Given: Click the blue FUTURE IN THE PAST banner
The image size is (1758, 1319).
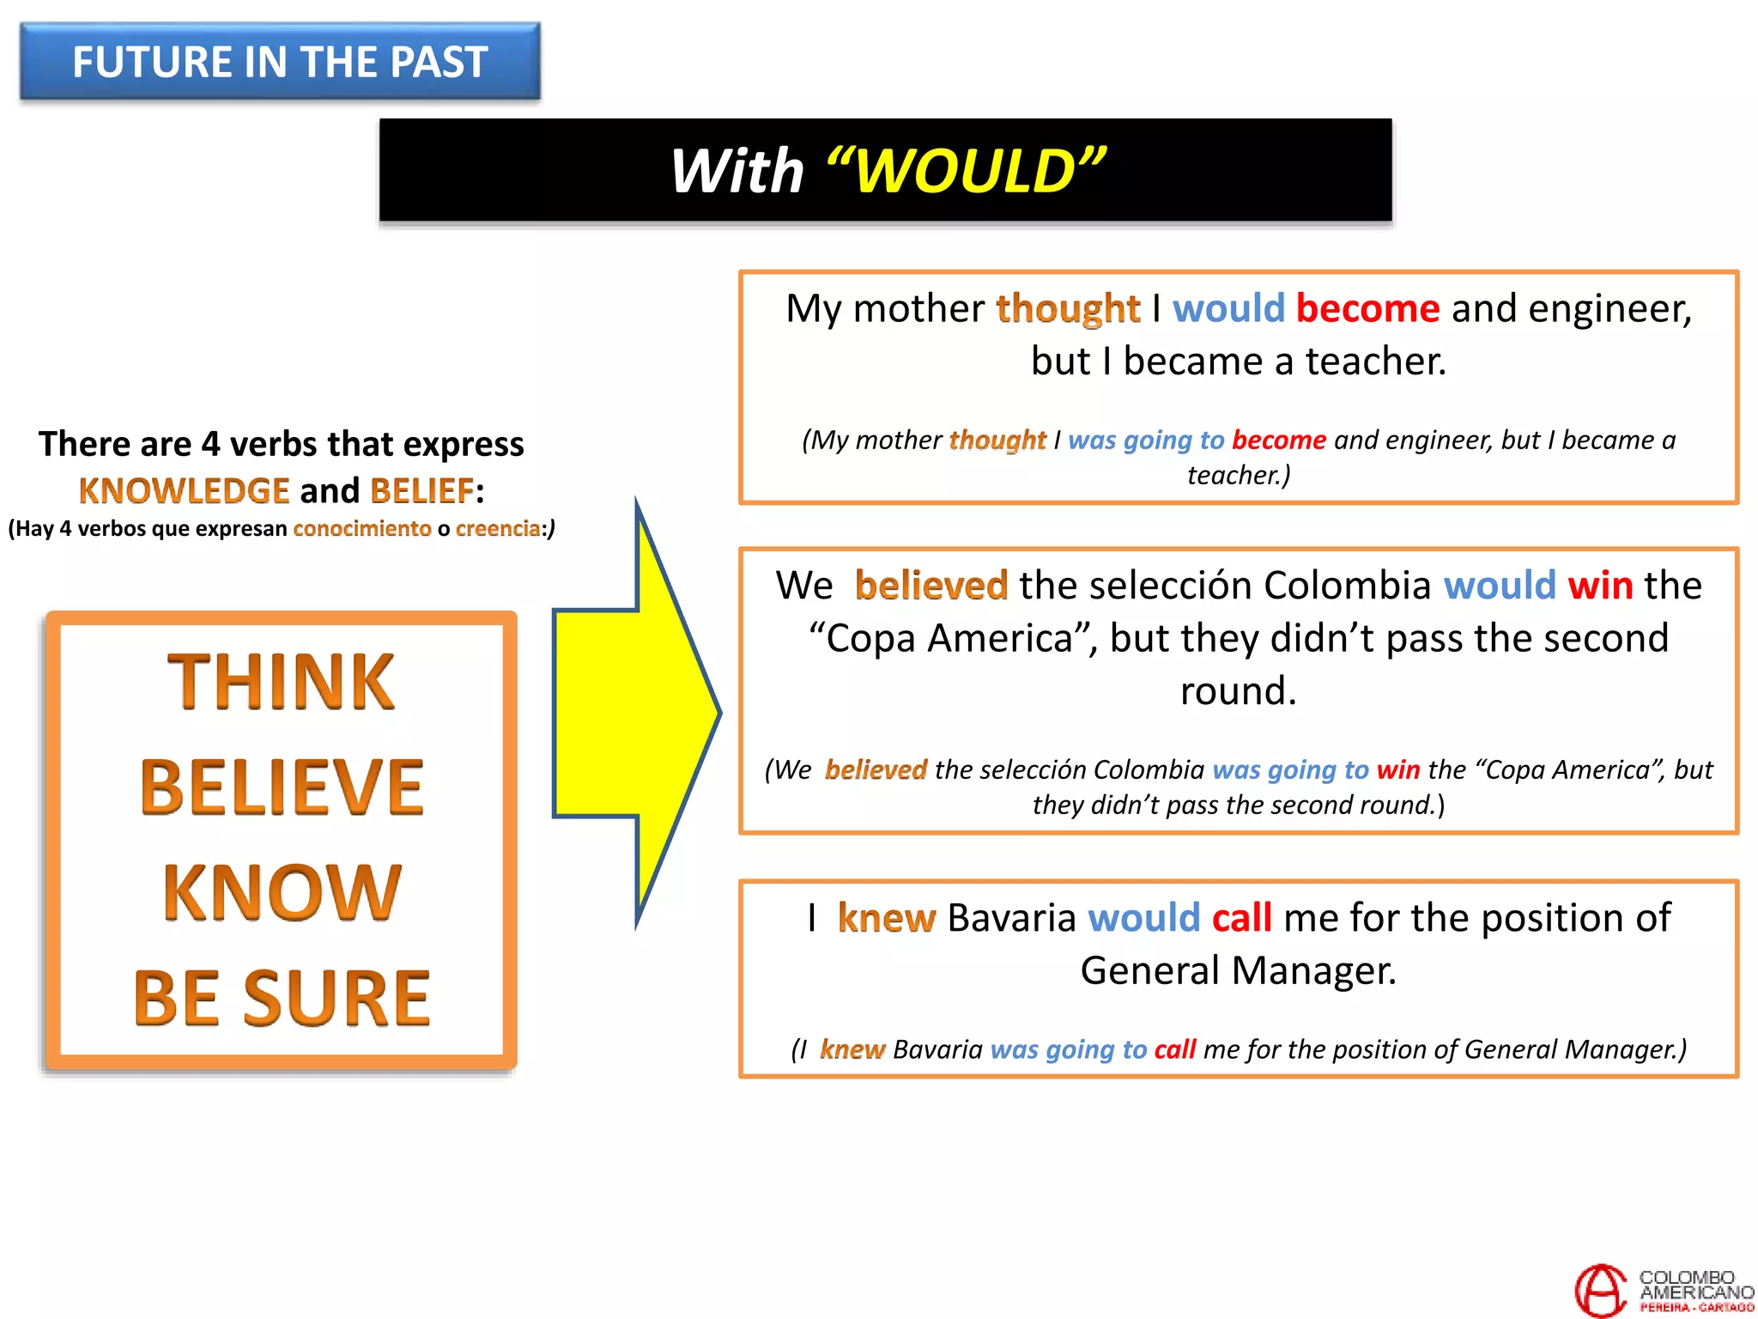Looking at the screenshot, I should [x=280, y=62].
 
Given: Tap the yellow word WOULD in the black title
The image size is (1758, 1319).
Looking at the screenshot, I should [x=966, y=171].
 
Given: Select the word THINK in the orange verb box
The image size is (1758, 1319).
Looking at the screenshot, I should [x=281, y=682].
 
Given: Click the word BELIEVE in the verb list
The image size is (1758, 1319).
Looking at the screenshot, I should [x=282, y=787].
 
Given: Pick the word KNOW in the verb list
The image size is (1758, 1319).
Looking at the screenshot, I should [x=282, y=893].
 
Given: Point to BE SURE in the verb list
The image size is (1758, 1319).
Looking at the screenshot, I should [x=282, y=998].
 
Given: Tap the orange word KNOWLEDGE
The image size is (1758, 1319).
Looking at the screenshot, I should [x=184, y=491].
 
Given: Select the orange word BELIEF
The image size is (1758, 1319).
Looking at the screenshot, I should [x=421, y=491].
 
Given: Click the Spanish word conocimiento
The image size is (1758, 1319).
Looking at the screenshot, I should [x=361, y=529].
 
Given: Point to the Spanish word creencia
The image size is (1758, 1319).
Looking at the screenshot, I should [x=498, y=529].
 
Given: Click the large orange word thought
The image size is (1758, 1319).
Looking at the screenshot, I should [x=1067, y=309].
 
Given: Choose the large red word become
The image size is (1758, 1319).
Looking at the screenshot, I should [x=1367, y=309].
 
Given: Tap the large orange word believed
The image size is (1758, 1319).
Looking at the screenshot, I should [x=931, y=587].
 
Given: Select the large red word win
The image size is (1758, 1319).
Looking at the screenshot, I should [x=1599, y=587].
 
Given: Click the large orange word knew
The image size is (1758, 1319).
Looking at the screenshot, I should [x=886, y=918].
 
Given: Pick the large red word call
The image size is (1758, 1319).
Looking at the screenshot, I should [x=1241, y=918].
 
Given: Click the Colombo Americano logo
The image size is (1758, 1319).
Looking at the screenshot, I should [x=1663, y=1290].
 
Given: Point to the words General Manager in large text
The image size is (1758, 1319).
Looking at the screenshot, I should [x=1238, y=971].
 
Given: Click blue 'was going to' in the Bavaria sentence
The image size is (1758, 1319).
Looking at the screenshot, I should [x=1068, y=1049].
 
